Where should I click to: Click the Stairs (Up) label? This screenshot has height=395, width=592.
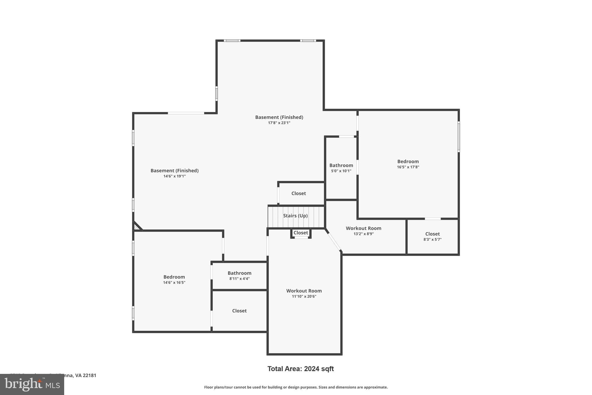(x=295, y=216)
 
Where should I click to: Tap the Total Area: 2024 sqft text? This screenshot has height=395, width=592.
(x=300, y=369)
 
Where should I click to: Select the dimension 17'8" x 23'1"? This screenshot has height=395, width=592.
(x=279, y=123)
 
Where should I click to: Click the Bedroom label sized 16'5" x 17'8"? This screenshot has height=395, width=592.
(x=408, y=161)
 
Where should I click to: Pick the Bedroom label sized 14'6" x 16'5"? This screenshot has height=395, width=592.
(x=174, y=277)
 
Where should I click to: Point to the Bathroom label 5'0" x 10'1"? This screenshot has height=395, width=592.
(x=341, y=165)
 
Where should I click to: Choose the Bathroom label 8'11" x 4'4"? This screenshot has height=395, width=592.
(x=239, y=273)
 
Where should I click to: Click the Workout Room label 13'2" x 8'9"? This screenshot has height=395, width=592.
(x=363, y=228)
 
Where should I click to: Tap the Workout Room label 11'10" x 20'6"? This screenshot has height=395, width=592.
(x=304, y=291)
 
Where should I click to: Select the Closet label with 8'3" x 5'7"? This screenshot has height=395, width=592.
(x=432, y=234)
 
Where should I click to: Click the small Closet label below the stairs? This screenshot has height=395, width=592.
(x=301, y=233)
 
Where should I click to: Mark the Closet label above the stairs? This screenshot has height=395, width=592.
(x=298, y=193)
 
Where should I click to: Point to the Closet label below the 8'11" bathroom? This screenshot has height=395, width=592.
(x=239, y=311)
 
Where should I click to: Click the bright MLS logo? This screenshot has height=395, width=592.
(x=32, y=384)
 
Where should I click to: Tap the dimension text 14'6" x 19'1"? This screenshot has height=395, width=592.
(x=174, y=176)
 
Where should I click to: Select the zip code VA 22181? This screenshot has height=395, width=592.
(x=86, y=375)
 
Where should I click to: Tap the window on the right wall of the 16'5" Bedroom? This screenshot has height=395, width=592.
(x=458, y=137)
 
